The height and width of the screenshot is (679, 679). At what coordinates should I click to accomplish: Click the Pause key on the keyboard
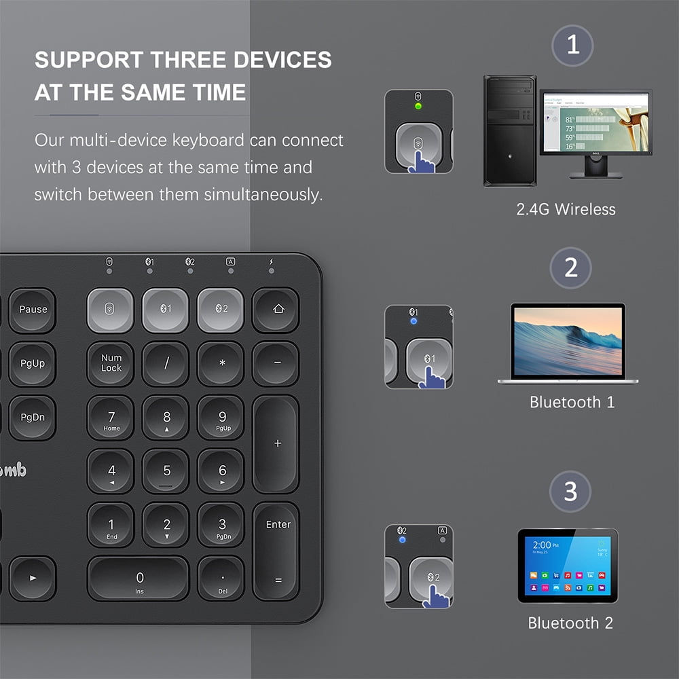point(33,310)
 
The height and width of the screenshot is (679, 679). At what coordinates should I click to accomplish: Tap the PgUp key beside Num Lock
point(33,364)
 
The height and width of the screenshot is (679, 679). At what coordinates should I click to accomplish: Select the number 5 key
point(166,471)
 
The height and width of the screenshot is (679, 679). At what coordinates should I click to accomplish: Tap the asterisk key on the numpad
point(221,364)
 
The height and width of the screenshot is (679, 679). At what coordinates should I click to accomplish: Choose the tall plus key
point(276,443)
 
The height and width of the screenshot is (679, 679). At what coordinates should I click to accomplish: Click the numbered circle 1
point(572,45)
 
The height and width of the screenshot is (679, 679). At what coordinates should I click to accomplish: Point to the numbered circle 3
point(570,491)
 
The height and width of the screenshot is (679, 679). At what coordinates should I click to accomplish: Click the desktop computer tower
point(509,130)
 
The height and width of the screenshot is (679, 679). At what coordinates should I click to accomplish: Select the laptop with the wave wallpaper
point(568,343)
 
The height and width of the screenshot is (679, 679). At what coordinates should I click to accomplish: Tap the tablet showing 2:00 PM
point(568,566)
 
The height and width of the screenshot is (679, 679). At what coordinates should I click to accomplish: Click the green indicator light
point(418,106)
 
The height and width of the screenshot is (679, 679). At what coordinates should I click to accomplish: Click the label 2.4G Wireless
point(566,209)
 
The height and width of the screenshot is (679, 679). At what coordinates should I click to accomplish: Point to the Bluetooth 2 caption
point(570,623)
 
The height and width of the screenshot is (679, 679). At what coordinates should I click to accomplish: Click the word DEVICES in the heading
point(282,60)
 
